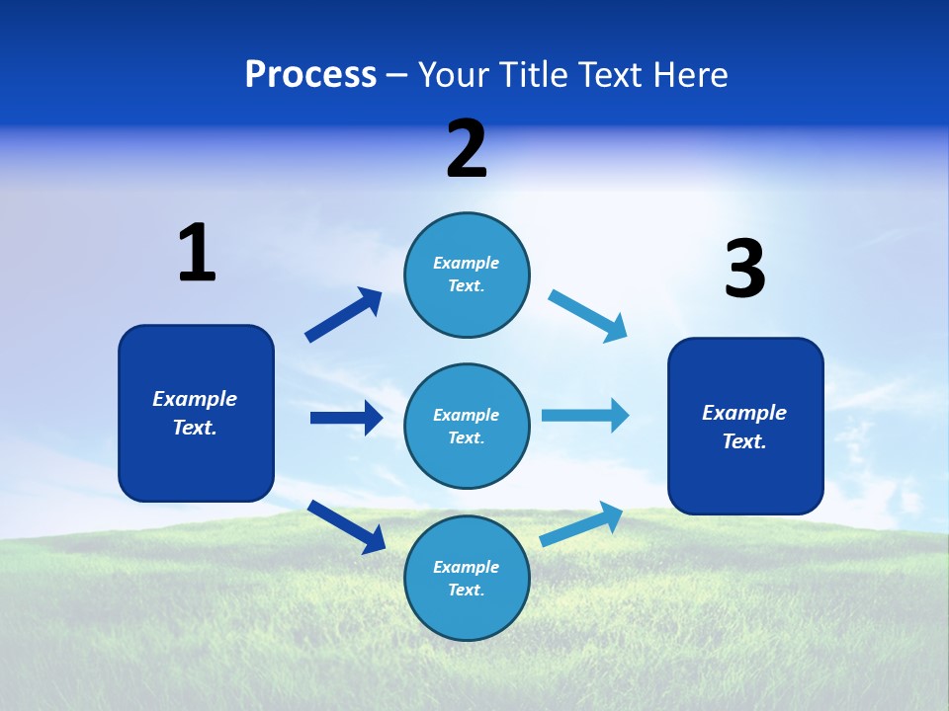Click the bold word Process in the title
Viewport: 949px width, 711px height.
coord(310,74)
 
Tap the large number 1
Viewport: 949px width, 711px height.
coord(197,254)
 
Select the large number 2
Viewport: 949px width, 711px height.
coord(467,149)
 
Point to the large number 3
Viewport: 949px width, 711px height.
coord(744,270)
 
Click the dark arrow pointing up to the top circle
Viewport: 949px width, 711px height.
coord(343,315)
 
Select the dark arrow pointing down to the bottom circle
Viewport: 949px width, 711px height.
coord(346,525)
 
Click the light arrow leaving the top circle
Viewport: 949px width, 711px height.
coord(587,316)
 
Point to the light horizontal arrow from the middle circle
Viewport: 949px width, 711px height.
coord(585,415)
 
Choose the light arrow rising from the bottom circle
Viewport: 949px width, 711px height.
coord(581,524)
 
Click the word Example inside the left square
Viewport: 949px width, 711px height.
coord(195,399)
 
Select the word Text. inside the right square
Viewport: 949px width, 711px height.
coord(744,441)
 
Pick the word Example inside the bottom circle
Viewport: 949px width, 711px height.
coord(467,567)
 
